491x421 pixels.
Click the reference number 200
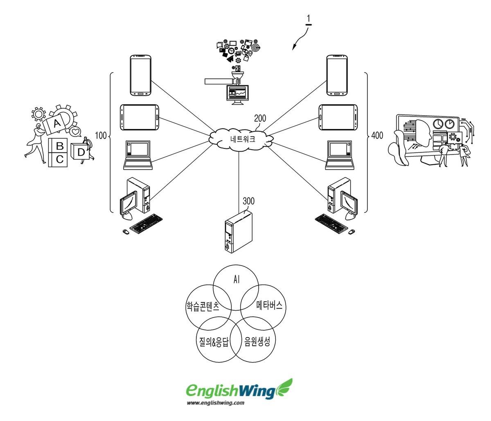click(x=260, y=119)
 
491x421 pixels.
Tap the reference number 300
click(x=248, y=201)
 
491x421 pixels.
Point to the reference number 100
click(x=101, y=136)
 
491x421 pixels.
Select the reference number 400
click(x=377, y=136)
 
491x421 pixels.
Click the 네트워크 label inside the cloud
click(x=243, y=139)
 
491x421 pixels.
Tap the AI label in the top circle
click(x=236, y=279)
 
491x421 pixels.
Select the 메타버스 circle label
click(x=269, y=305)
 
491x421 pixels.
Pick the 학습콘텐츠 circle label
click(x=203, y=307)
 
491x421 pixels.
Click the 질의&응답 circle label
click(x=212, y=342)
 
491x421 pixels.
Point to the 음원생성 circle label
click(x=257, y=341)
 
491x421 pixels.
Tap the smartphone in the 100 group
click(x=141, y=76)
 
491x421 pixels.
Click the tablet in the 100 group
click(x=140, y=117)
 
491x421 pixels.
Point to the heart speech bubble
click(x=75, y=132)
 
